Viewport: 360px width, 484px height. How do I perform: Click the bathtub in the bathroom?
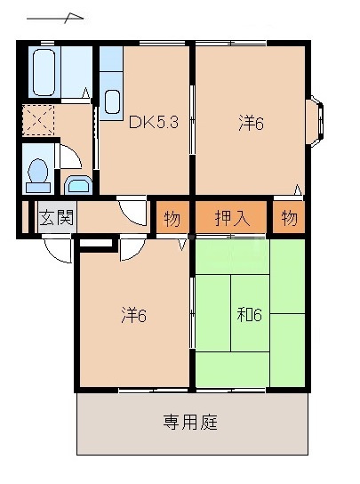pos(44,72)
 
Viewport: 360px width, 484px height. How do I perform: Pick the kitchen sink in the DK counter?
pos(113,101)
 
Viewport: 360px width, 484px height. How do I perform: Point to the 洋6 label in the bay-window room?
pos(251,124)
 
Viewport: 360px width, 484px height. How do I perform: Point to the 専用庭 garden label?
pos(190,422)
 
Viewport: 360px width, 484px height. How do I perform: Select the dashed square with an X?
pos(38,120)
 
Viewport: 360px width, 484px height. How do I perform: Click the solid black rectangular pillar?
pos(97,243)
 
